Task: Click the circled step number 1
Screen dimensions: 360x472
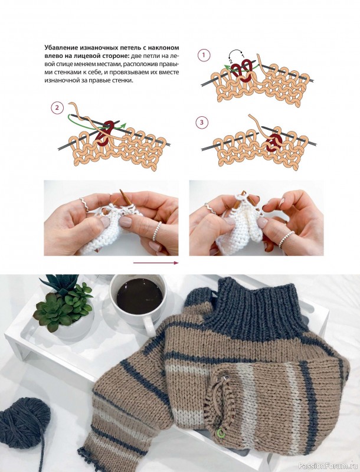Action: (x=204, y=55)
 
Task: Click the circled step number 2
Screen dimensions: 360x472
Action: (x=57, y=108)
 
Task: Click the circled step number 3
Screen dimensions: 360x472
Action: (x=202, y=123)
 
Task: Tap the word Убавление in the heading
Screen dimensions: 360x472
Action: (x=62, y=48)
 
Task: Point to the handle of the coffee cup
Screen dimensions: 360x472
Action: (x=149, y=326)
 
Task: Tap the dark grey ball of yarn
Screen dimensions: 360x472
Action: (x=25, y=423)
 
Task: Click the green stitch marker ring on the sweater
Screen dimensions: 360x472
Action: (x=221, y=432)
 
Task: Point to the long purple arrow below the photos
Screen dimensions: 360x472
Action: (x=156, y=263)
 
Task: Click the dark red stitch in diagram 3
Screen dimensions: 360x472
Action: (x=274, y=142)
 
